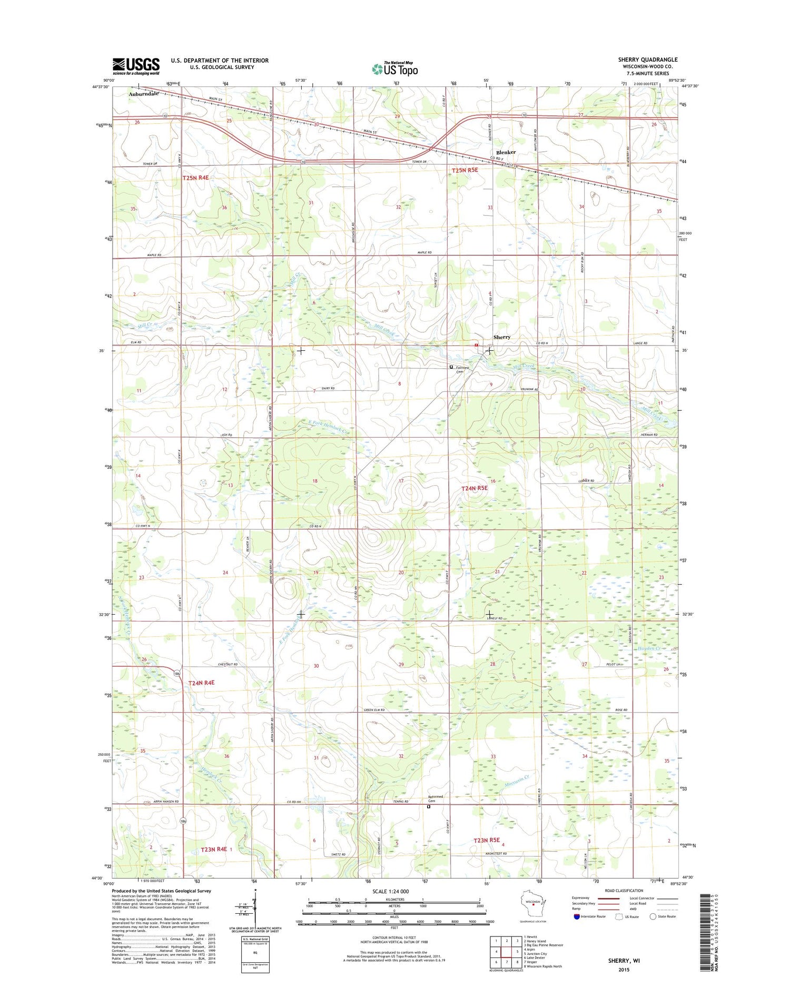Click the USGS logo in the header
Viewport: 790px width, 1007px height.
[136, 66]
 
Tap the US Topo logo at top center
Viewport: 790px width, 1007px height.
[395, 68]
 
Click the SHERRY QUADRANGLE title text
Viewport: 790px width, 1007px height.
[648, 60]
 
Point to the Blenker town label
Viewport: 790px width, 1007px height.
[505, 152]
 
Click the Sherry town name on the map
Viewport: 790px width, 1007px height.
[501, 337]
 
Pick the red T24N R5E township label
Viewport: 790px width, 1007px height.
[475, 488]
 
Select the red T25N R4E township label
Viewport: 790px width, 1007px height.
[195, 178]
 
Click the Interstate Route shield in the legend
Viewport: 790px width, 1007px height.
[577, 916]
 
